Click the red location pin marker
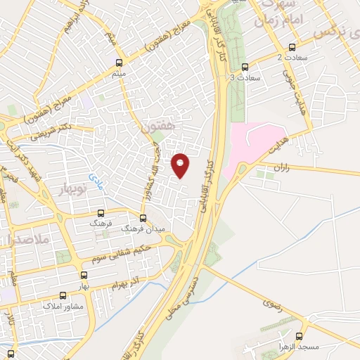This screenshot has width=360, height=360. (181, 165)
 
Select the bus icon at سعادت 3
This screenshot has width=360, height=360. (245, 67)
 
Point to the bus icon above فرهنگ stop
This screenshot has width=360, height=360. (101, 212)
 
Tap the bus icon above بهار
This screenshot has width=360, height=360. (84, 276)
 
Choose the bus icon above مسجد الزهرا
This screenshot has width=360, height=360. (301, 336)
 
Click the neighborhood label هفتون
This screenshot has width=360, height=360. (156, 129)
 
